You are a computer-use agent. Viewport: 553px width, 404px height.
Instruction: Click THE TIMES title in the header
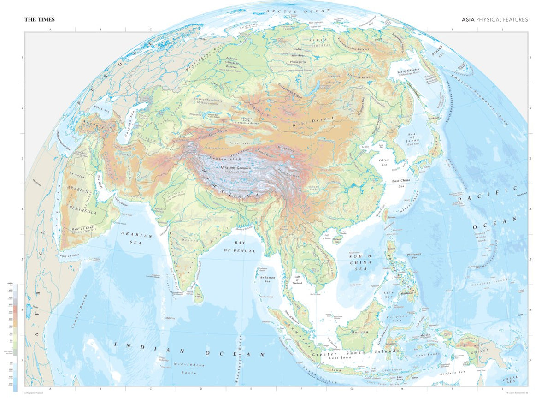click(40, 19)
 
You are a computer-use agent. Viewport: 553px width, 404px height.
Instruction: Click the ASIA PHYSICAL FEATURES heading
click(494, 20)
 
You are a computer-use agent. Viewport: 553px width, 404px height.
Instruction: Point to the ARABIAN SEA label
click(136, 238)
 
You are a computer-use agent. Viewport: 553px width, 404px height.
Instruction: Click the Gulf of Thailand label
click(297, 280)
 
